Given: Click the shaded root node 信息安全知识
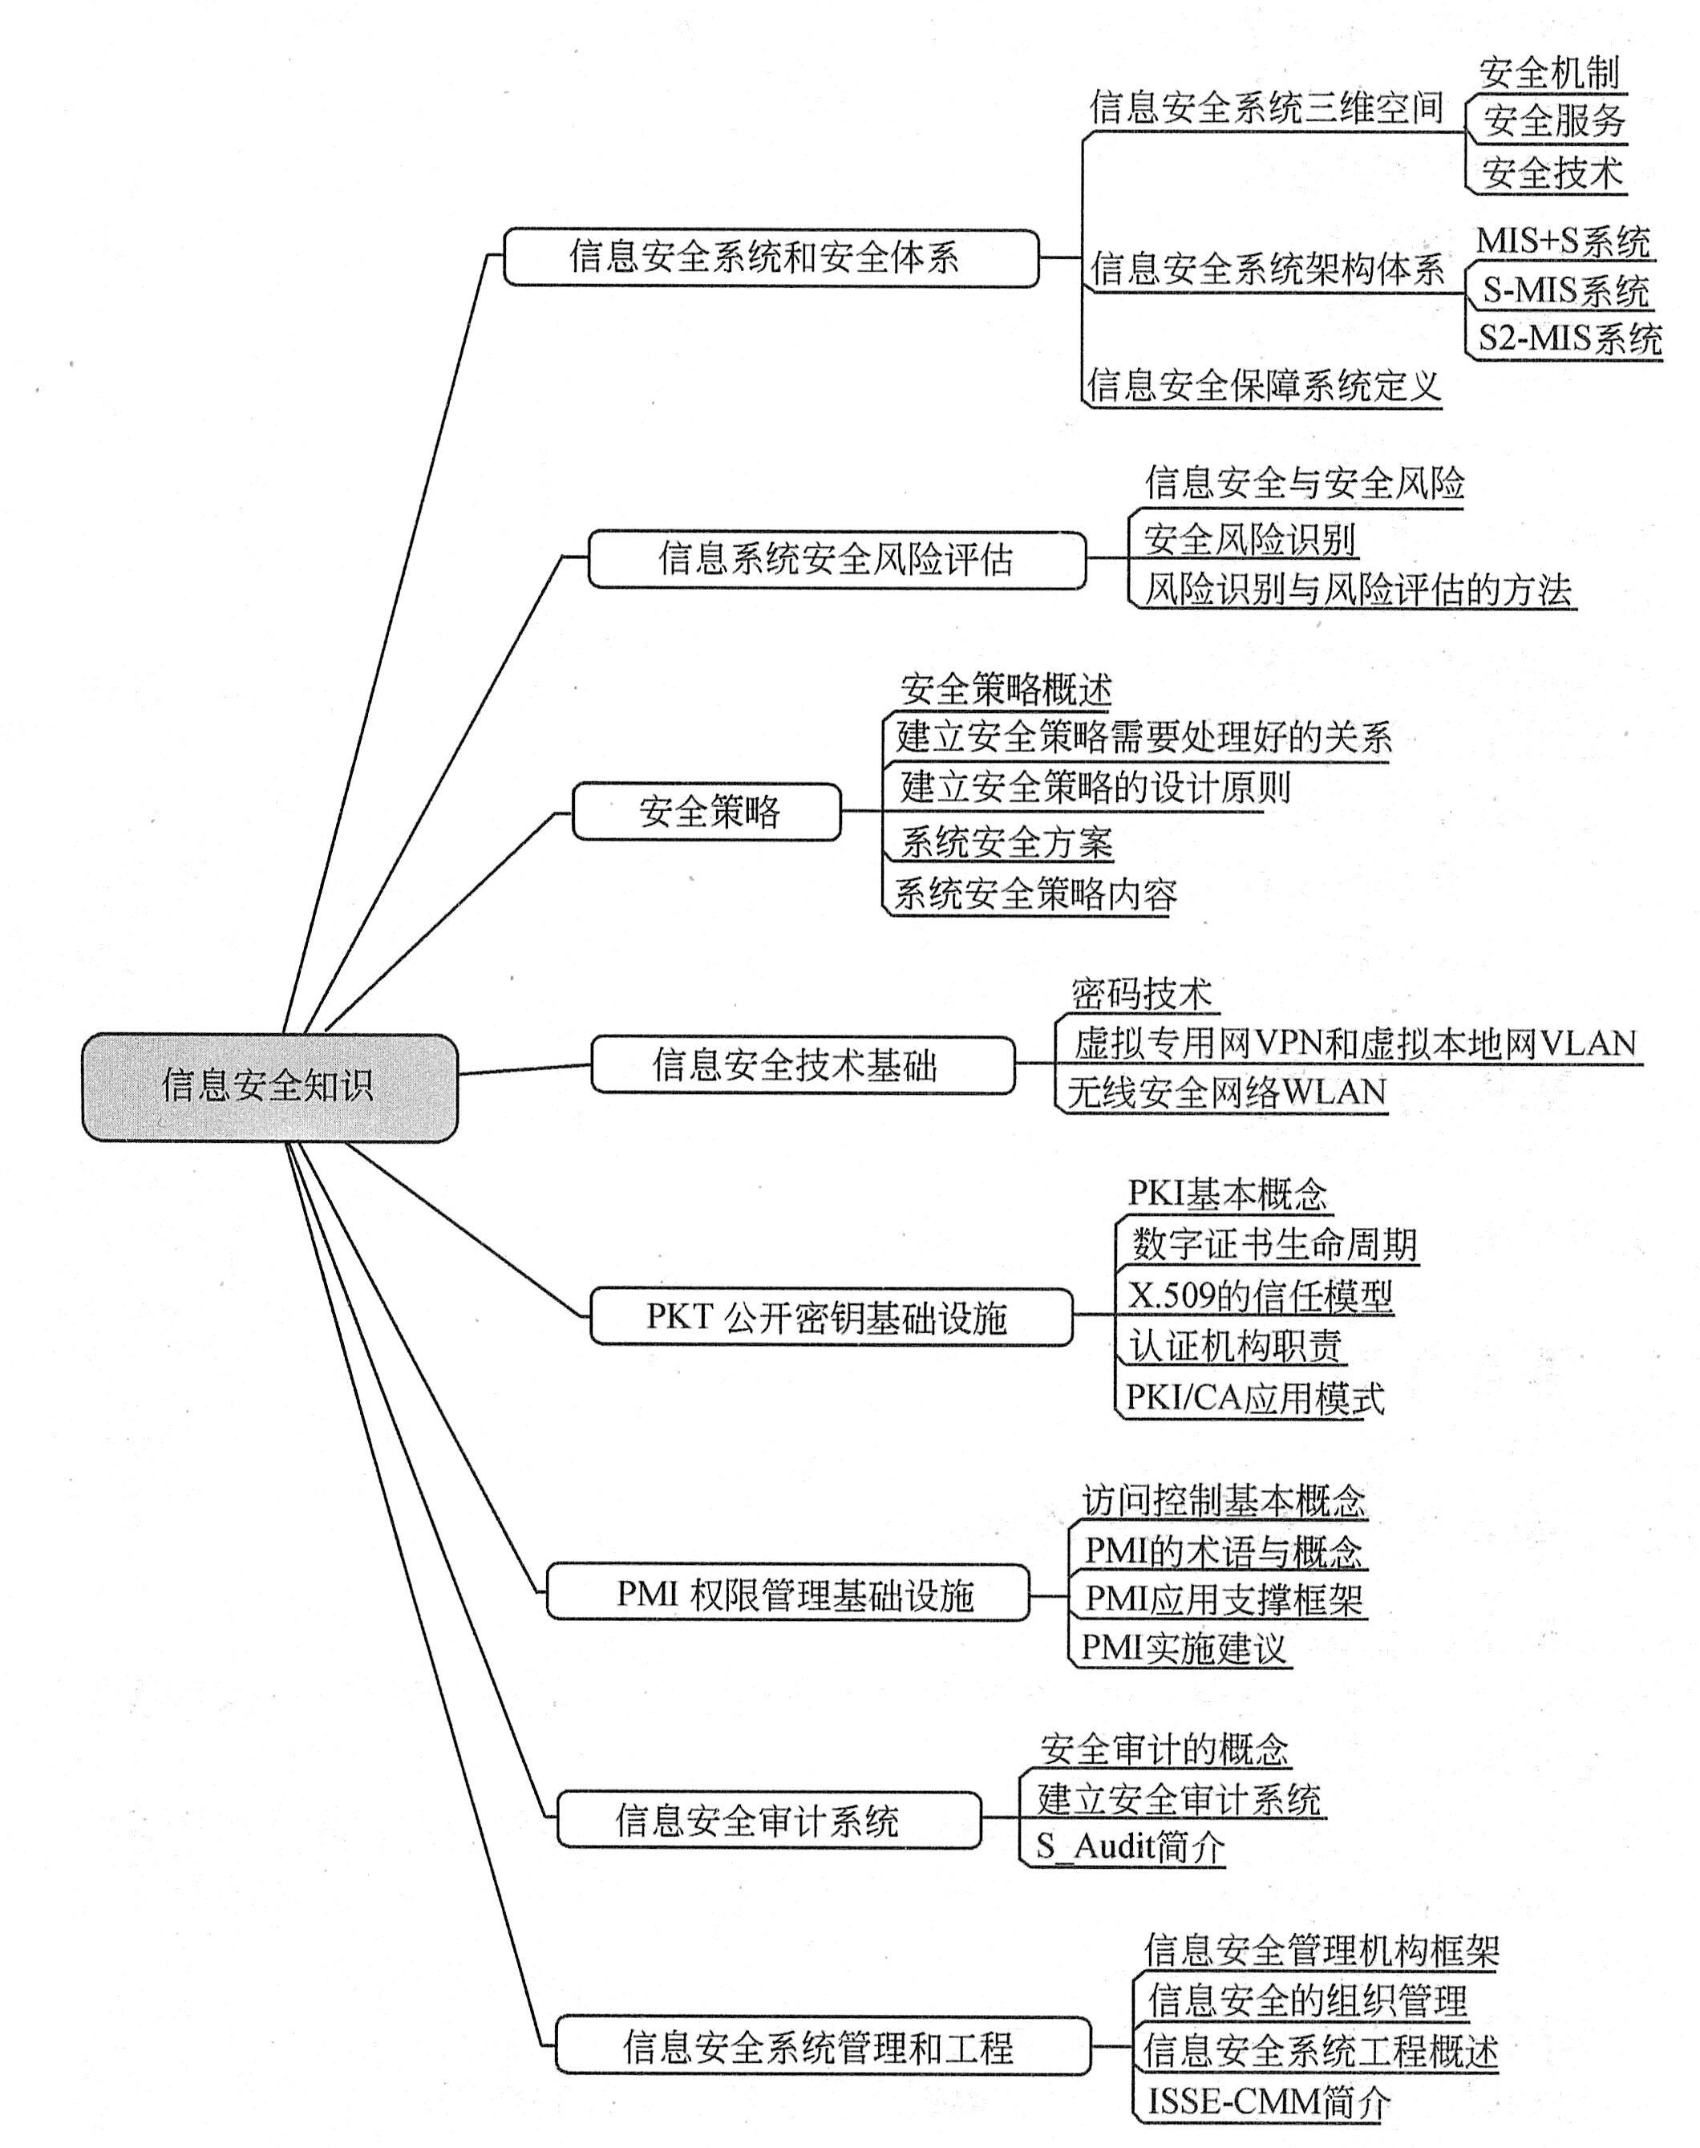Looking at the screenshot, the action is [269, 1086].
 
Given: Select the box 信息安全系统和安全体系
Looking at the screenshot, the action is [771, 257].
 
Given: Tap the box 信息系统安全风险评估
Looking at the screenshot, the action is [837, 558].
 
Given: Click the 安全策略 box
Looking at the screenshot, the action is [706, 811].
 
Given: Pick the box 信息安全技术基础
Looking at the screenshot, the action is [803, 1064].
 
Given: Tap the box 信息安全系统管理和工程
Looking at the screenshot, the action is [823, 2045].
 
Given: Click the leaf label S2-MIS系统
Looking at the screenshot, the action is [1569, 338].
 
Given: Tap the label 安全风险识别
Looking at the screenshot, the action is [1249, 538].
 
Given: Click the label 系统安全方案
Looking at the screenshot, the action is [1006, 842].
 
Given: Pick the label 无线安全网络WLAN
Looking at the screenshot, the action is [1227, 1092].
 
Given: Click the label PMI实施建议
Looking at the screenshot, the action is [1184, 1647].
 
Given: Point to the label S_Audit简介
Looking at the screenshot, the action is [1131, 1846].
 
